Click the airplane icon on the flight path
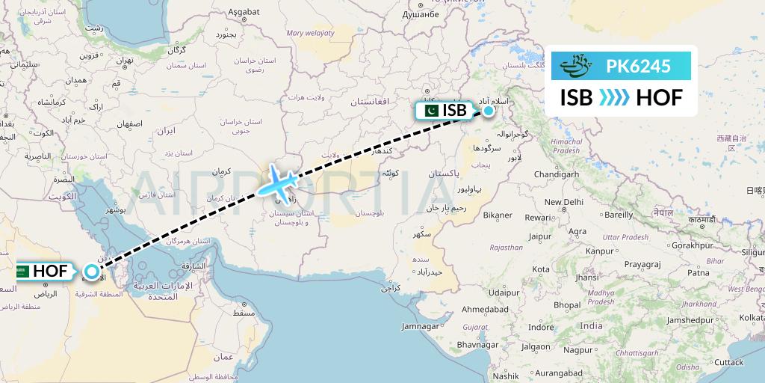click(x=277, y=182)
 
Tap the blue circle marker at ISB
click(x=488, y=111)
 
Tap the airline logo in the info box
click(x=580, y=67)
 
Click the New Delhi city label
click(x=563, y=202)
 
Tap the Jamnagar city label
click(x=421, y=326)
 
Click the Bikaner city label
click(x=498, y=215)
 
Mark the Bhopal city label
click(x=567, y=305)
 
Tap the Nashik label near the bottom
click(x=506, y=376)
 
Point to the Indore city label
click(x=541, y=327)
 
